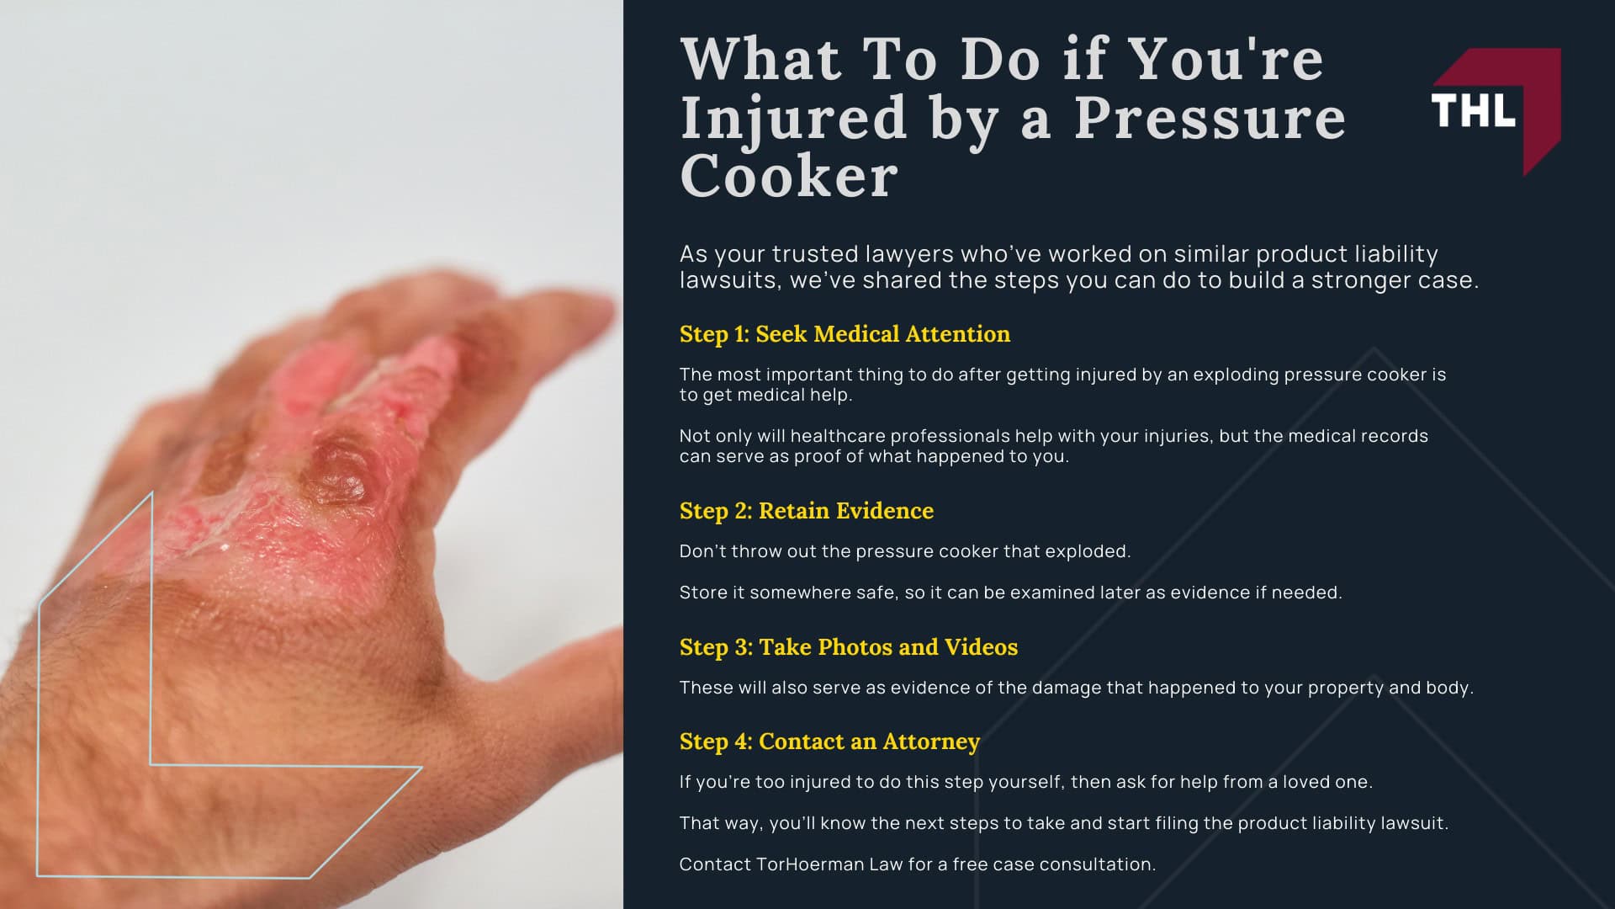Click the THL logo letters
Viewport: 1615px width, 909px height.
tap(1473, 110)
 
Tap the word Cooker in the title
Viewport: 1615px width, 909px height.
tap(788, 177)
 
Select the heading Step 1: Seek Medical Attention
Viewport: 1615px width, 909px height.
tap(845, 334)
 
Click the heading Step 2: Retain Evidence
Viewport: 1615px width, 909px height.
tap(806, 511)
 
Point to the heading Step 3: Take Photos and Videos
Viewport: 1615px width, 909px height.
tap(848, 647)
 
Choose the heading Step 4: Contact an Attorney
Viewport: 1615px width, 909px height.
tap(829, 742)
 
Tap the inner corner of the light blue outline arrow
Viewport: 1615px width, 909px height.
tap(151, 764)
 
